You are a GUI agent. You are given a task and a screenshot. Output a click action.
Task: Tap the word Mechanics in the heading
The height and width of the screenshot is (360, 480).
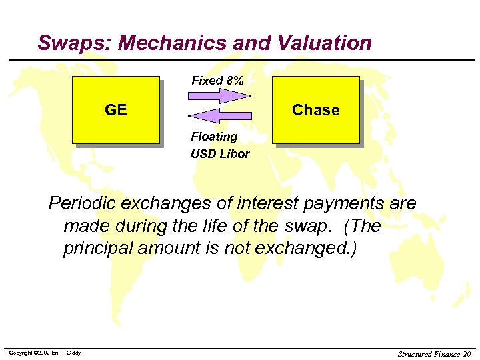(177, 43)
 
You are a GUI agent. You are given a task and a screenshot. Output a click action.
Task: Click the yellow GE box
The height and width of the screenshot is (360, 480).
(116, 110)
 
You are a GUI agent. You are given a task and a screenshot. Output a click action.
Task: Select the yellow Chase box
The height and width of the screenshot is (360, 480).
(316, 110)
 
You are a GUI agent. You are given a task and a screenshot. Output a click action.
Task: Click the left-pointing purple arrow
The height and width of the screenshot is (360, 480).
(219, 116)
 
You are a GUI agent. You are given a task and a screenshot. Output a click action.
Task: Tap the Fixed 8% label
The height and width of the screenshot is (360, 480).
(217, 81)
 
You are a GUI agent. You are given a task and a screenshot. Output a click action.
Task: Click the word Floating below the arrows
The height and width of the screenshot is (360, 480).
(214, 137)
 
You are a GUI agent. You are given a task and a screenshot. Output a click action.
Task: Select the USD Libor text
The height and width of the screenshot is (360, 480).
(220, 154)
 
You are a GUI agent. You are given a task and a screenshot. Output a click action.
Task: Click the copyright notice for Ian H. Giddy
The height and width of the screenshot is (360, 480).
(45, 353)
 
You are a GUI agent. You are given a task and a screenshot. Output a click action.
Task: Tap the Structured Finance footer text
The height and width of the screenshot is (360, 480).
(428, 353)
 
